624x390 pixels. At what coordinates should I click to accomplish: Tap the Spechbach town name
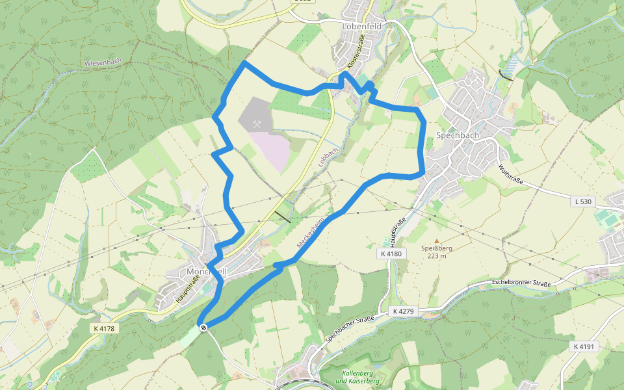(x=457, y=136)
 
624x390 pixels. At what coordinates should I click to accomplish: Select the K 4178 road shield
(x=104, y=328)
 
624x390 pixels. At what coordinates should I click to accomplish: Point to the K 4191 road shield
(x=584, y=346)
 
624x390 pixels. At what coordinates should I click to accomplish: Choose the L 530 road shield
(x=583, y=201)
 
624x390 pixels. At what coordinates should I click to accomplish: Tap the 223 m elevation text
(x=437, y=255)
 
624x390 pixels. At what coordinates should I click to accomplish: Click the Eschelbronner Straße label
(x=521, y=284)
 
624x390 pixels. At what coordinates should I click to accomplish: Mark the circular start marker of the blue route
(x=203, y=327)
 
